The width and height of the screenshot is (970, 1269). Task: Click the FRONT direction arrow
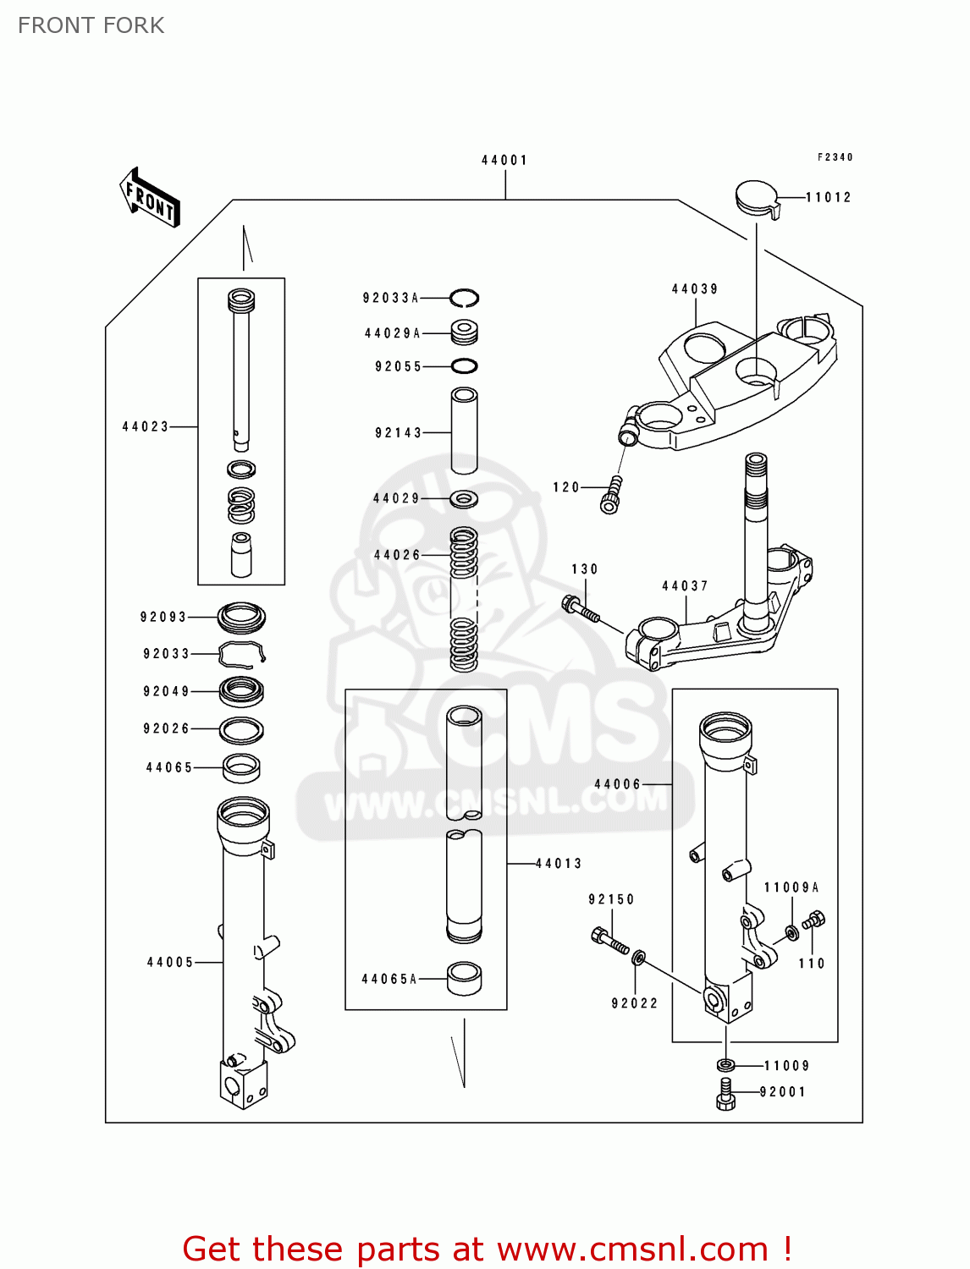coord(150,198)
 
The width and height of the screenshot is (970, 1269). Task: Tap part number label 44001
coord(504,160)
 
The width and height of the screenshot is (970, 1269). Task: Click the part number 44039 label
coord(695,288)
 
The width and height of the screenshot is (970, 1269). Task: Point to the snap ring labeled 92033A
coord(465,298)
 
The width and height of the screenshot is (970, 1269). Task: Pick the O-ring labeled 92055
coord(464,366)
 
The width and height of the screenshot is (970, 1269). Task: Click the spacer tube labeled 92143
coord(464,431)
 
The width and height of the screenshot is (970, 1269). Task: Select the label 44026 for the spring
coord(397,555)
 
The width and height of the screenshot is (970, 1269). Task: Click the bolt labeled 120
coord(613,495)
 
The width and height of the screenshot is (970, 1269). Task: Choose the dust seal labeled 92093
coord(242,618)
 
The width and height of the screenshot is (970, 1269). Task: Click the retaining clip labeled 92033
coord(242,654)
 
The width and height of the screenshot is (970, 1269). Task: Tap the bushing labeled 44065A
coord(464,978)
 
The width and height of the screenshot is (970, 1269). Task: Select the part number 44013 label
coord(559,864)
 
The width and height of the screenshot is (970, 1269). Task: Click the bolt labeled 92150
coord(609,940)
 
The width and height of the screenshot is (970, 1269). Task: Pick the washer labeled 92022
coord(639,958)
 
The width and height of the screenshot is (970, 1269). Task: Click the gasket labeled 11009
coord(725,1065)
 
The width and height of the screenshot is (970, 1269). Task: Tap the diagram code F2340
coord(835,157)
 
